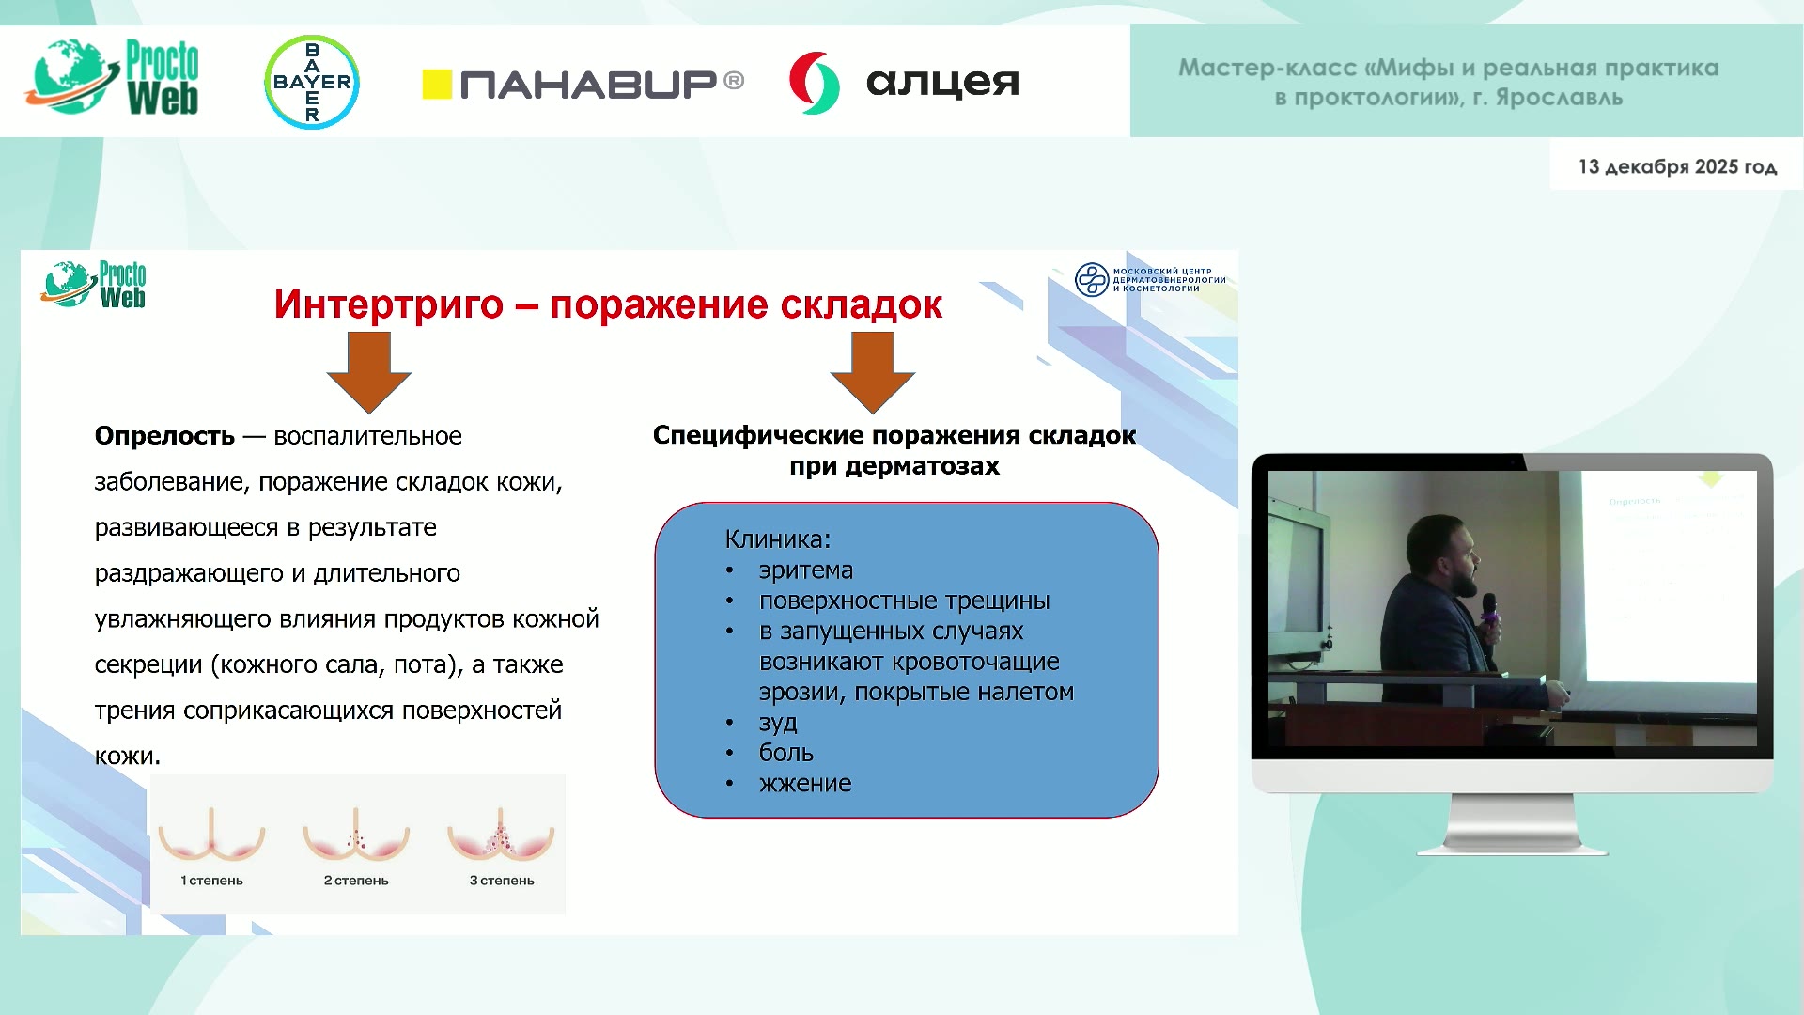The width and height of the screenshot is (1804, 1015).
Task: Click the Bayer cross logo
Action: pos(312,82)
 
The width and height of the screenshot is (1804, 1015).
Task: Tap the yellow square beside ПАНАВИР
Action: pos(437,85)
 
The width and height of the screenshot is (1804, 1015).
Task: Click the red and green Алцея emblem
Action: pos(814,83)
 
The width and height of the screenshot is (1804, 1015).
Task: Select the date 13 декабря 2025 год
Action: pos(1677,166)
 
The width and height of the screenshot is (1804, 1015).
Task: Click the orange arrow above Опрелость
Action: pos(368,372)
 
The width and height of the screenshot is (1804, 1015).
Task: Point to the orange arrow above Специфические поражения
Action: pos(872,372)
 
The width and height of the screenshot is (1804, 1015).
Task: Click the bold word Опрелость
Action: pos(164,436)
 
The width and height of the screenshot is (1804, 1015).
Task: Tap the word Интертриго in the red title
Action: pos(389,304)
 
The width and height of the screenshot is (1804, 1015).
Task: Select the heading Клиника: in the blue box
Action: pos(778,539)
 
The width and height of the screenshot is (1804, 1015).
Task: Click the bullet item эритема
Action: pos(806,570)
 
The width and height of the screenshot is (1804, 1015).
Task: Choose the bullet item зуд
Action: pos(778,723)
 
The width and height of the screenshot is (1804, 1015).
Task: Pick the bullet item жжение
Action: pos(805,784)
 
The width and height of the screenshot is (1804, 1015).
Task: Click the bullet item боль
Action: pos(786,753)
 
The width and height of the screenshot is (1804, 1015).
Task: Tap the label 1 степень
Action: pos(211,881)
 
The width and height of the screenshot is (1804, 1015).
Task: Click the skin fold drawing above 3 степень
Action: pos(501,835)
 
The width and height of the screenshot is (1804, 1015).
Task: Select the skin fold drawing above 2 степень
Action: pos(356,835)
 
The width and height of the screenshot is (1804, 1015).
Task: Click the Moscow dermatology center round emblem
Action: pos(1092,280)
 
